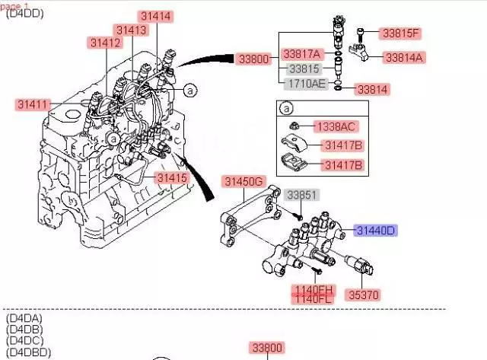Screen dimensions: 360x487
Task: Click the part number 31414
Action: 155,16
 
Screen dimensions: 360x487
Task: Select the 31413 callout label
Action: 131,30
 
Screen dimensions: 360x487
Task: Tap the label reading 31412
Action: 105,43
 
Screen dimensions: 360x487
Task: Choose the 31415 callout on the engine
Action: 171,178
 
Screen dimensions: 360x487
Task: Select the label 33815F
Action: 401,33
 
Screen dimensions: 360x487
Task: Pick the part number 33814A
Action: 404,57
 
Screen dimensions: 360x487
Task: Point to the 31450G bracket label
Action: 243,181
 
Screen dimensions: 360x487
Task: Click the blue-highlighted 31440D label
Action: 375,230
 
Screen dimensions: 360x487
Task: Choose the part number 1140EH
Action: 314,289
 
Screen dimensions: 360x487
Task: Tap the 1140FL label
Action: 314,299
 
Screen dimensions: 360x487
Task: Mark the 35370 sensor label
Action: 364,295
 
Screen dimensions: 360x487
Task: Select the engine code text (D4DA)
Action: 25,317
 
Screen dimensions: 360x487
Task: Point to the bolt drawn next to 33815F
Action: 360,33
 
